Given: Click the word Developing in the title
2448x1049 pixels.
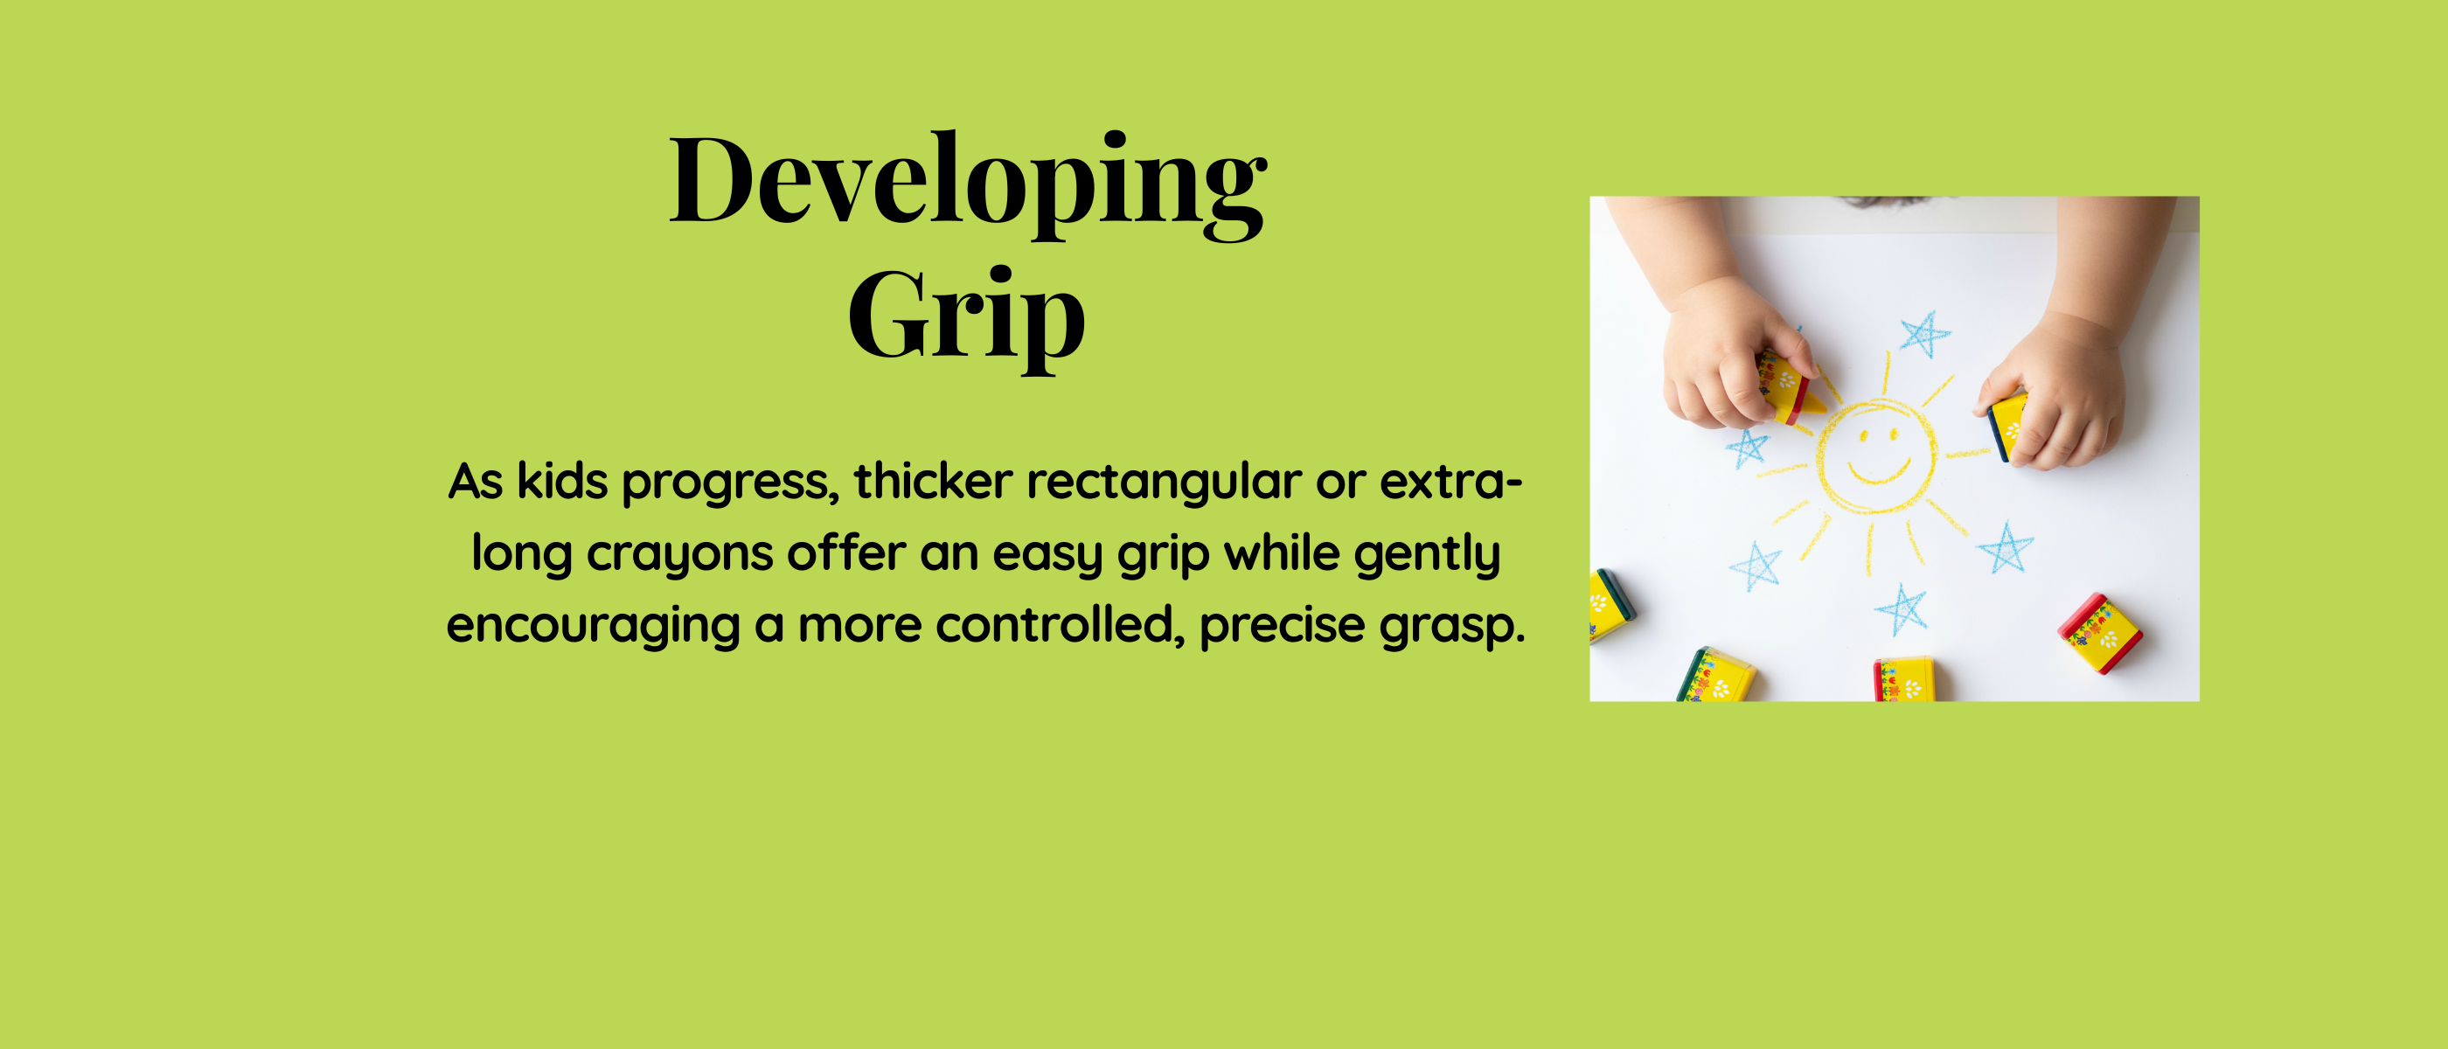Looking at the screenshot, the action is point(968,184).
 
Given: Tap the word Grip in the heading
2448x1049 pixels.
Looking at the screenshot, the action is point(966,317).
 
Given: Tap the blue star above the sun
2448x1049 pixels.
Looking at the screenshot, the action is point(1924,334).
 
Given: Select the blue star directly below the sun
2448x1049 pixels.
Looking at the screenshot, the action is point(1902,609).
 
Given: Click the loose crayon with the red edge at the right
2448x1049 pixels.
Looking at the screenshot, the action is point(2100,633).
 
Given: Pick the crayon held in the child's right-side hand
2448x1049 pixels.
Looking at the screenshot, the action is point(2007,425).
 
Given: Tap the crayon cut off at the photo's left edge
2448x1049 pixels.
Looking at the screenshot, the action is point(1610,605).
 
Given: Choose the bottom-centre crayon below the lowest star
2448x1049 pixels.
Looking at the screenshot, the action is point(1903,678).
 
